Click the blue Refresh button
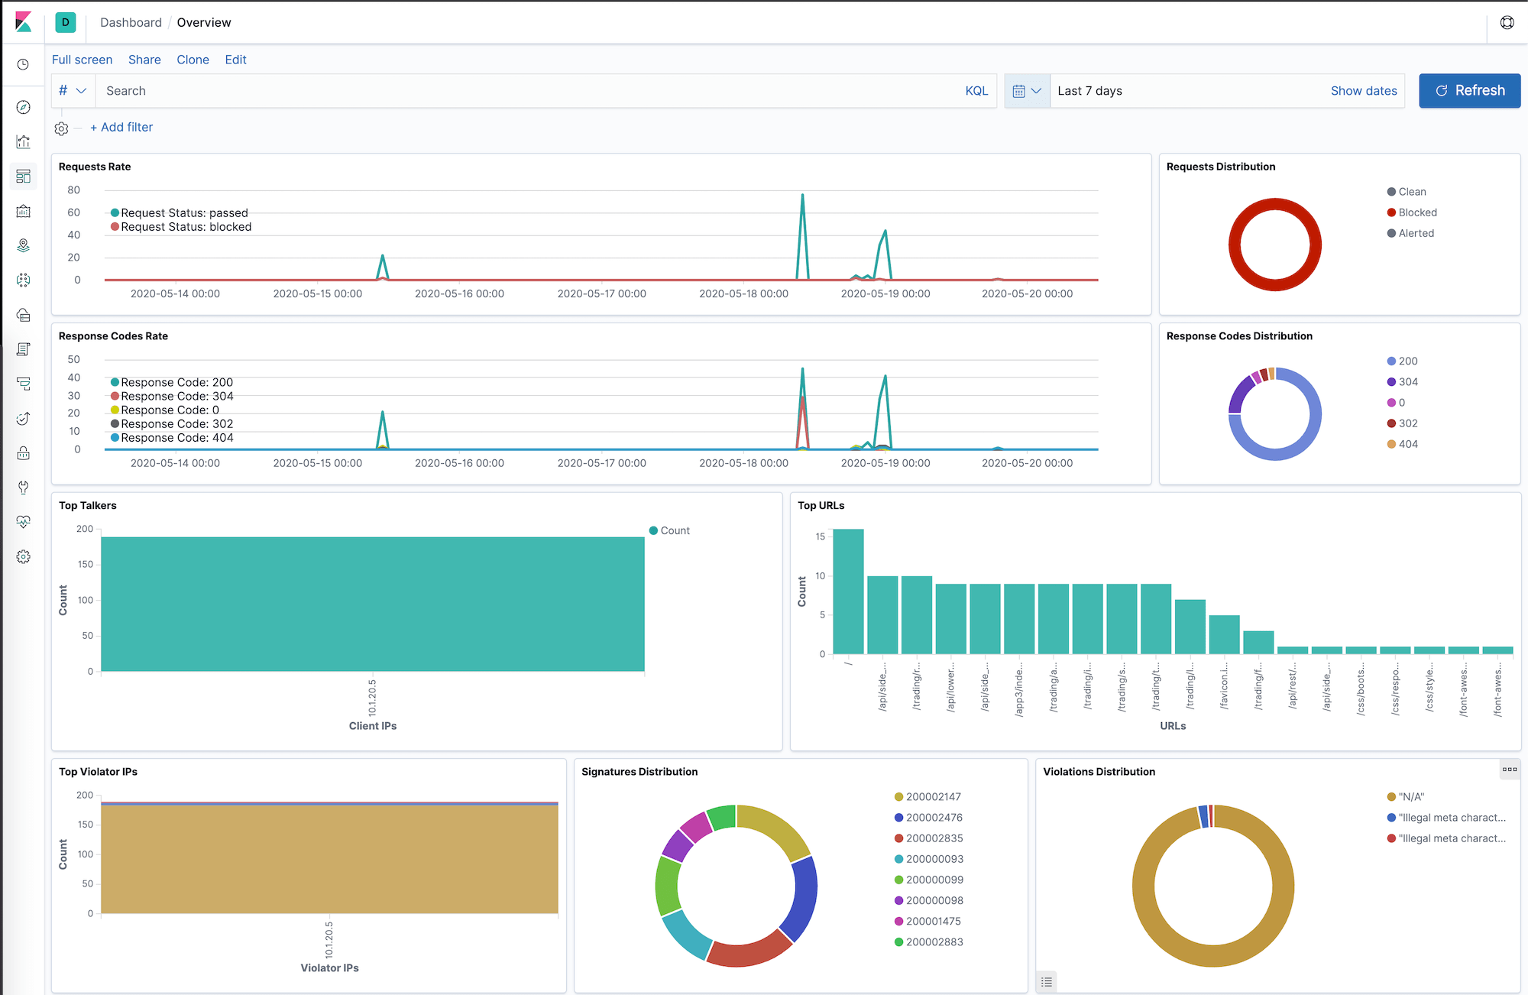pos(1469,91)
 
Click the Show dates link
pos(1363,91)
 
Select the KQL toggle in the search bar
pos(976,91)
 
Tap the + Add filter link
pos(121,128)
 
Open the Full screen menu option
pos(82,60)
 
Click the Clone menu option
pos(193,60)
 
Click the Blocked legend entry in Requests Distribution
pos(1416,212)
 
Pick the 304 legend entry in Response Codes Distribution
pos(1407,382)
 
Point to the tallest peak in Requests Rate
pos(802,196)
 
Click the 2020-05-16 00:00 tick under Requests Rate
pos(459,293)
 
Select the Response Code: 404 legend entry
pos(176,438)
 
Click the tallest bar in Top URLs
pos(848,590)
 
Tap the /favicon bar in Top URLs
pos(1224,634)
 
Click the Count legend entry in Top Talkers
pos(674,530)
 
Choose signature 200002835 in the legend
pos(934,838)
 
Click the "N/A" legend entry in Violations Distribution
pos(1410,797)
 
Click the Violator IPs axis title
pos(329,968)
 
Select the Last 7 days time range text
pos(1089,91)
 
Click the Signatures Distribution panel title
pos(639,772)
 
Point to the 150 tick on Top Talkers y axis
pos(85,565)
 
